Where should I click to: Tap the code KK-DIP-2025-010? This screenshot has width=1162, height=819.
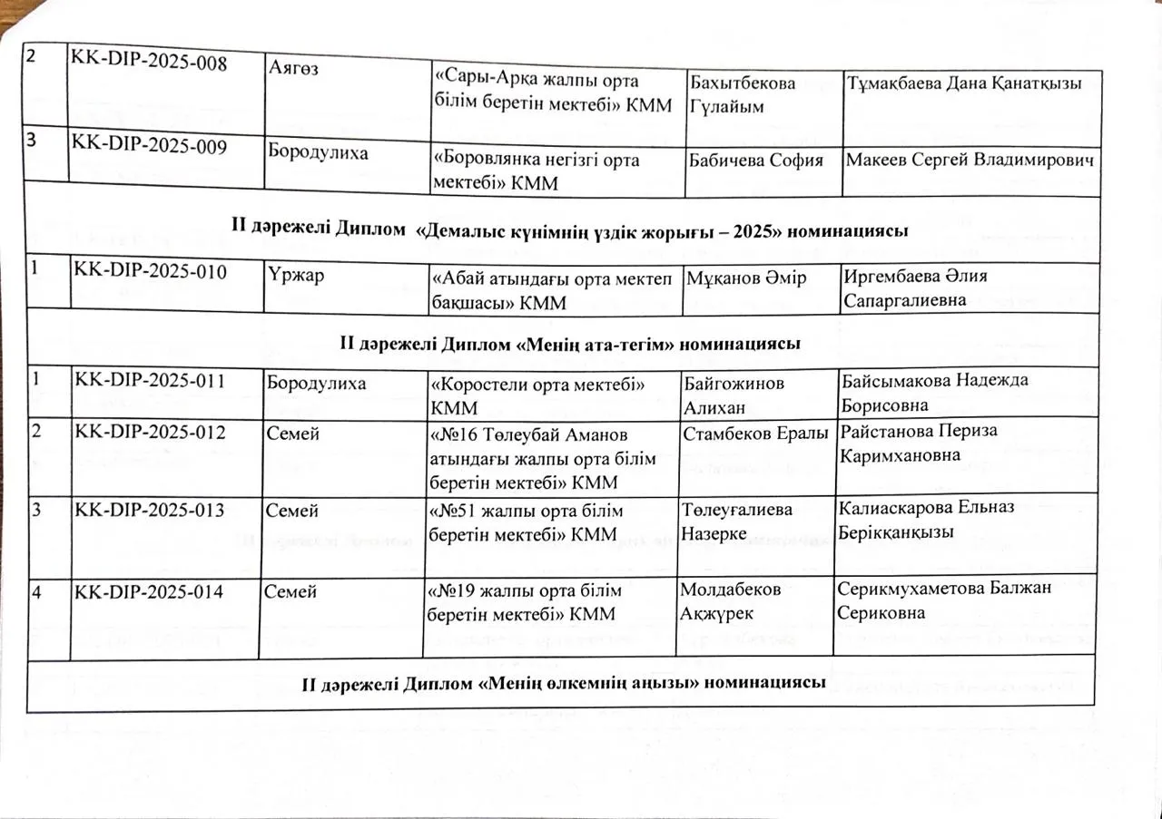coord(150,270)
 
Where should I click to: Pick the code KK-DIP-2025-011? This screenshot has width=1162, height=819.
coord(150,381)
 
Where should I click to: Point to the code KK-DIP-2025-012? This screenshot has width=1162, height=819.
coord(150,433)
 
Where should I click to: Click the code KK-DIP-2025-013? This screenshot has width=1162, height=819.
coord(150,510)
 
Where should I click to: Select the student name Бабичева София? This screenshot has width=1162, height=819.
coord(756,161)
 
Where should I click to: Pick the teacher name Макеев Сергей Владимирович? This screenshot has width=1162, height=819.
coord(970,161)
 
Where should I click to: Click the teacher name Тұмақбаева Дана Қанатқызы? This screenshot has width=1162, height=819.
coord(964,84)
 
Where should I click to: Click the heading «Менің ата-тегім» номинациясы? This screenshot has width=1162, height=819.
coord(569,344)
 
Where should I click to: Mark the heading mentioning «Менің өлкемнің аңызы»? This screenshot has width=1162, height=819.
coord(563,682)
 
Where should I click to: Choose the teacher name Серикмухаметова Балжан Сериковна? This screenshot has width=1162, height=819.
coord(943,600)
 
